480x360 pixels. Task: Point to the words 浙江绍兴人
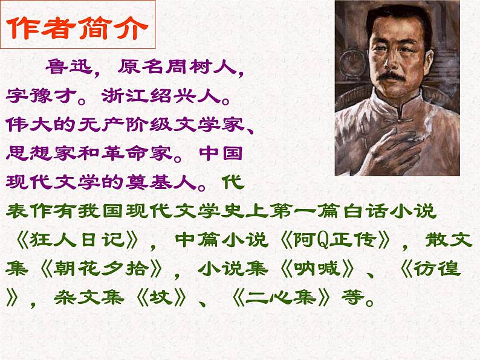click(157, 96)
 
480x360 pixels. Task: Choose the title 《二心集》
click(296, 297)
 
